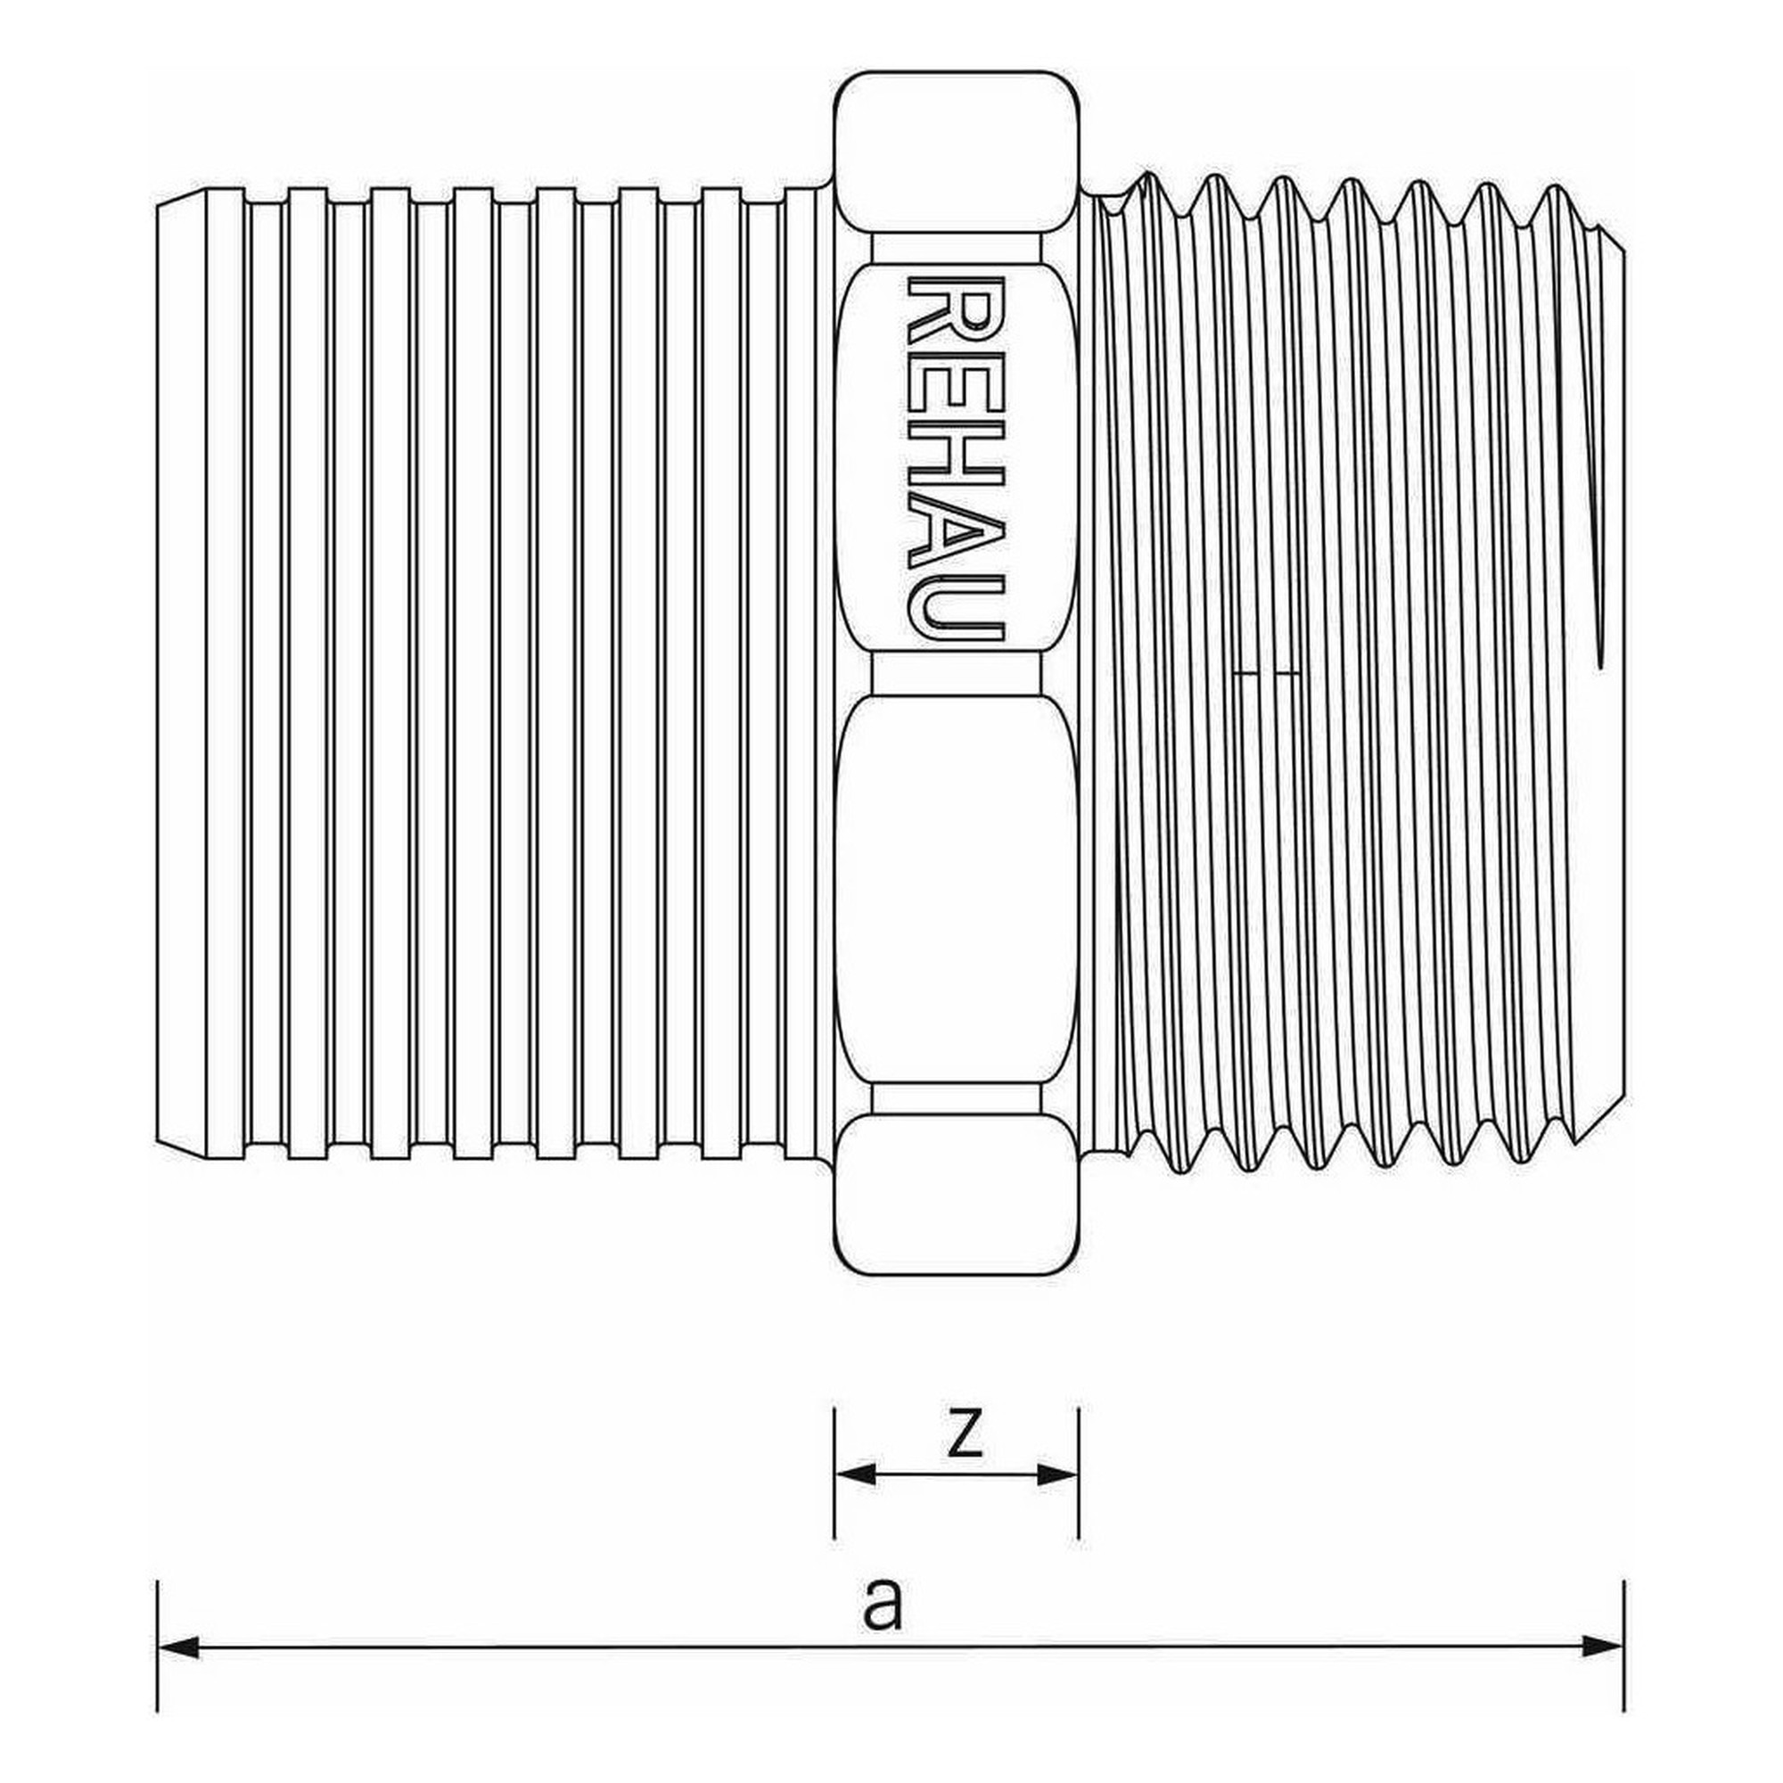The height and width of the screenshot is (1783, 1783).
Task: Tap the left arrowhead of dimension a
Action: pos(178,1647)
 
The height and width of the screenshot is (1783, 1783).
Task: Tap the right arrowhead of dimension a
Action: pos(1603,1647)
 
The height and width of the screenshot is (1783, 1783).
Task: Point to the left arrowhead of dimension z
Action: pos(855,1474)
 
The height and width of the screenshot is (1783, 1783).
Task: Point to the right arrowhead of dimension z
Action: pos(1057,1474)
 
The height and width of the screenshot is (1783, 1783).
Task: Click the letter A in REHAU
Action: pos(956,530)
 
